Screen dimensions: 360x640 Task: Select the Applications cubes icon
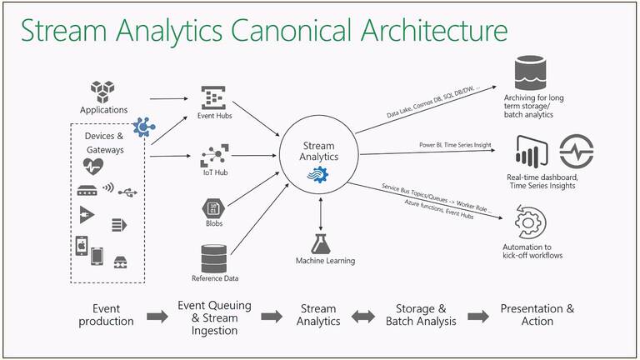click(103, 90)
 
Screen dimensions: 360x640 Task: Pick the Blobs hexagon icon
click(214, 208)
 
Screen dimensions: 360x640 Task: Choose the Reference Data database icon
click(214, 257)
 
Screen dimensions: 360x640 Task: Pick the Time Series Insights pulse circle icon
click(575, 152)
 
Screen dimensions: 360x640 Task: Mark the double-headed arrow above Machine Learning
click(322, 214)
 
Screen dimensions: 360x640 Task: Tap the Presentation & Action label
click(537, 315)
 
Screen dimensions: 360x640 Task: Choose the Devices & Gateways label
click(104, 142)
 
